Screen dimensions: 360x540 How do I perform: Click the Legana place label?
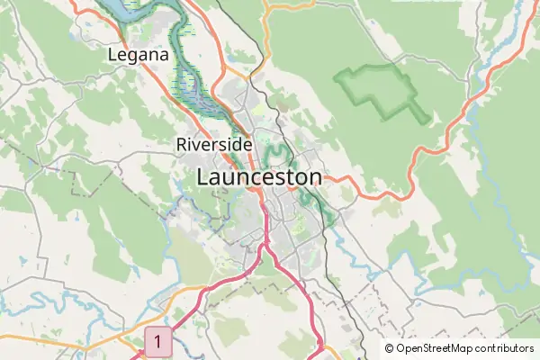tap(138, 56)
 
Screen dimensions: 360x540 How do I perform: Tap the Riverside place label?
tap(213, 144)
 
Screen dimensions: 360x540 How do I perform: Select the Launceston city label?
tap(258, 177)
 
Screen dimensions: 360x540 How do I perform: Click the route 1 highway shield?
tap(157, 342)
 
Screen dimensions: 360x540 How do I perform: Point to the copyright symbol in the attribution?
tap(390, 348)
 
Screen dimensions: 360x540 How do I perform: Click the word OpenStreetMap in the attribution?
tap(436, 348)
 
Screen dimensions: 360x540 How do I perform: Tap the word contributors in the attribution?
tap(505, 348)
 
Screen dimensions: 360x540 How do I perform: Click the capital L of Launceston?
tap(203, 177)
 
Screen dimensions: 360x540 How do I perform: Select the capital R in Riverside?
tap(182, 144)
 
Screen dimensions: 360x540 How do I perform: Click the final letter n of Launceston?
tap(314, 178)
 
